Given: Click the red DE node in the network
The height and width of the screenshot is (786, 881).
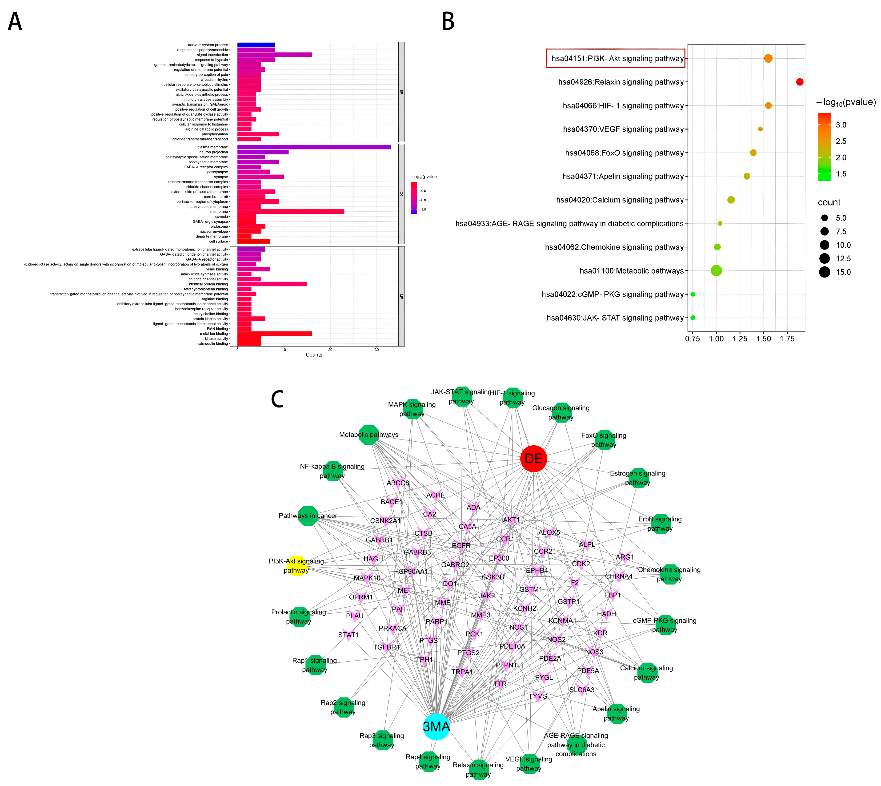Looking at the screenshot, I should pos(533,459).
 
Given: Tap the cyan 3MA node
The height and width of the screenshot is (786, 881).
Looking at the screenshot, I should pos(436,727).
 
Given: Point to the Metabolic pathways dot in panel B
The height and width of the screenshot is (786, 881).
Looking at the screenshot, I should pos(716,271).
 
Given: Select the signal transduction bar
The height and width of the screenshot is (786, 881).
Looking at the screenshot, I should pos(275,55).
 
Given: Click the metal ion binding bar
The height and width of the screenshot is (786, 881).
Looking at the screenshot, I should pos(275,334).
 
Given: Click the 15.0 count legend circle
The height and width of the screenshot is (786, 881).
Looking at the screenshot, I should pos(825,272).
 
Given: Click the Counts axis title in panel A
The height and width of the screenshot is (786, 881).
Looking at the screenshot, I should pos(314,355).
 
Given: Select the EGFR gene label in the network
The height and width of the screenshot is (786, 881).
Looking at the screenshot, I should pos(461,545).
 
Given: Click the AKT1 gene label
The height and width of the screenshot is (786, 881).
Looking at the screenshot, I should pos(512,520).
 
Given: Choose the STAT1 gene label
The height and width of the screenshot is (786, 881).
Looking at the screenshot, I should pos(348,635).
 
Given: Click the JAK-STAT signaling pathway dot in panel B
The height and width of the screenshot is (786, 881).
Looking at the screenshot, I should pos(693,318).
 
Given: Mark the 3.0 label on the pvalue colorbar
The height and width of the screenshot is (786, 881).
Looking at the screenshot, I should pos(841,125).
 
